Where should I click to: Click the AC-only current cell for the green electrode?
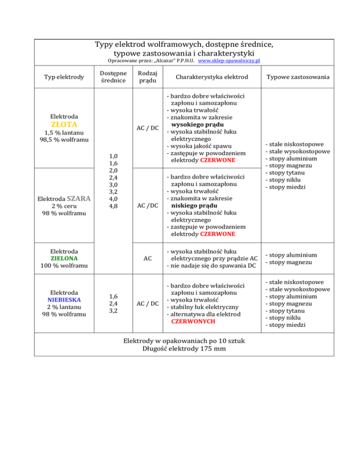pos(148,258)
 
